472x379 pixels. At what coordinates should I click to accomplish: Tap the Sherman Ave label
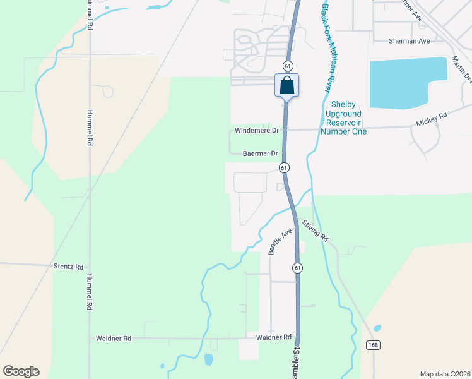(410, 41)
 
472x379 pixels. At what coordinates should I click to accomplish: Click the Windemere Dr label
(256, 131)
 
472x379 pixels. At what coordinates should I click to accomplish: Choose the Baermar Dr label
(261, 153)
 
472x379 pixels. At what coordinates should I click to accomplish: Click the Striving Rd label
(316, 231)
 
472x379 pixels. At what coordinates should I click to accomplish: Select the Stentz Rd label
(69, 267)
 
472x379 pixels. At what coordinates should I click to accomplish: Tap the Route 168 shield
(374, 344)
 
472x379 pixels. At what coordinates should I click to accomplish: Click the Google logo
(21, 371)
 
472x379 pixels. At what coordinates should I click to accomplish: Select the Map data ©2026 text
(445, 374)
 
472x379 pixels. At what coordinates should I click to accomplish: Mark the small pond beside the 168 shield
(377, 328)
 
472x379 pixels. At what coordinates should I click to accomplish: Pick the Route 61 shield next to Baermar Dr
(285, 167)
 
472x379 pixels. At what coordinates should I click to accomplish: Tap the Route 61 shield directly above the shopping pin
(288, 66)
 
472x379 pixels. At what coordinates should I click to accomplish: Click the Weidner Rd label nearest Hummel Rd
(114, 339)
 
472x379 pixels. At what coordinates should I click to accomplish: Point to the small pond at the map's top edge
(154, 8)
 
